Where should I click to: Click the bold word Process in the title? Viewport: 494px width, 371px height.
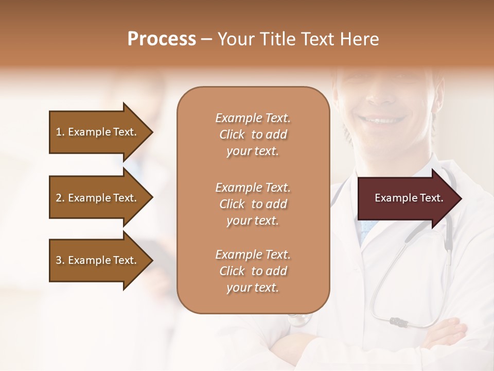coord(162,39)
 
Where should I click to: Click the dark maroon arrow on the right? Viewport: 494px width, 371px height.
coord(407,198)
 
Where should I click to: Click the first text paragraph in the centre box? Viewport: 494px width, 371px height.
coord(253,134)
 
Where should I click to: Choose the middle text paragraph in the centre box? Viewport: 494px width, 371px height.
coord(253,204)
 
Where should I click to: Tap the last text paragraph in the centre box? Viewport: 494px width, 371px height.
coord(253,271)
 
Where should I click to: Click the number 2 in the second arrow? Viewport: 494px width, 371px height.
coord(59,198)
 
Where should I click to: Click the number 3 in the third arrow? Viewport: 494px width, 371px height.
coord(59,260)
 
